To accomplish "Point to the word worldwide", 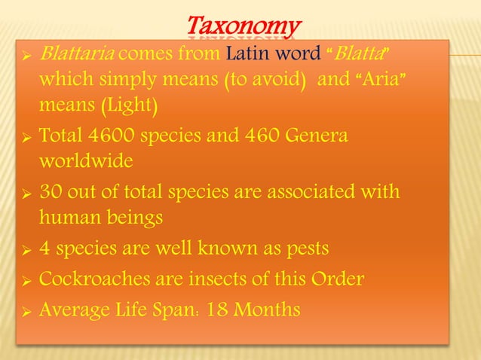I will coord(87,162).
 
